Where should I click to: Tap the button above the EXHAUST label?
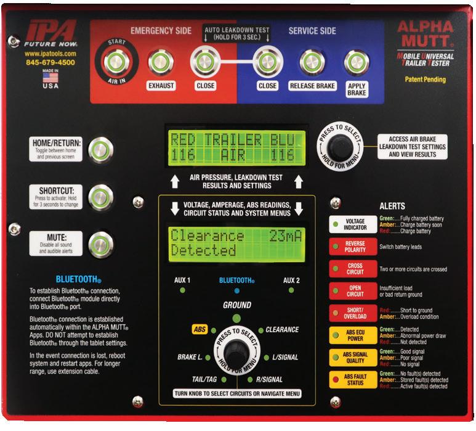click(160, 62)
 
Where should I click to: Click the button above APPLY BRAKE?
click(356, 62)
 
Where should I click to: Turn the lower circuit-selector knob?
click(236, 352)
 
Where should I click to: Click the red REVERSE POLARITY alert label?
click(355, 247)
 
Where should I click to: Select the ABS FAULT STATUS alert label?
click(355, 379)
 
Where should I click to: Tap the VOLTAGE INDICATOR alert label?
click(355, 224)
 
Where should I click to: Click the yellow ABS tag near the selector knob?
click(200, 330)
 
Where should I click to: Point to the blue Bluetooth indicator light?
click(236, 290)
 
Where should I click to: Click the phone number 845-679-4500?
click(50, 62)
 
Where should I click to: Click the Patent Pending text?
click(425, 80)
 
